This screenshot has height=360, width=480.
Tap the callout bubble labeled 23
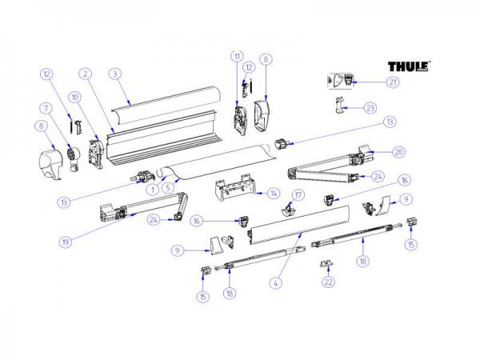coord(369,107)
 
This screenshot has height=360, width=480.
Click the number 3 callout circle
coord(115,73)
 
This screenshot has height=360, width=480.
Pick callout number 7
coord(46,108)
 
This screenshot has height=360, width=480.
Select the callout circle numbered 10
coord(74,98)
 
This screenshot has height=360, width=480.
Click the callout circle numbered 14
coord(272,193)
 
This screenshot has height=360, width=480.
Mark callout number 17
coord(297,194)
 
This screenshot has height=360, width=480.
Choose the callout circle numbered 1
coord(149,190)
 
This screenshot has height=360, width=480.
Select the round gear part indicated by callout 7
coord(72,152)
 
